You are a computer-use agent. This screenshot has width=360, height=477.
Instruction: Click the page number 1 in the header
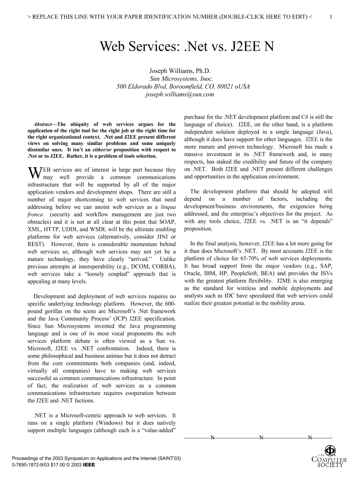pos(331,16)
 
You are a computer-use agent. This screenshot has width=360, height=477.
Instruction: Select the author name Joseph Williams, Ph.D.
pos(180,71)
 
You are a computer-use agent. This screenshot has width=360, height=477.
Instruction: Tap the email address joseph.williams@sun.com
pos(179,94)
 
